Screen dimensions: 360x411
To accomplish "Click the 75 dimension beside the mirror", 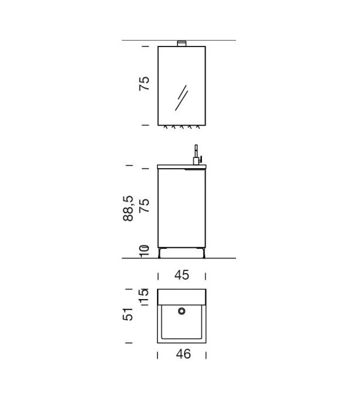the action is pos(144,84).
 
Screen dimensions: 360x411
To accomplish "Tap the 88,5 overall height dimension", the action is pos(128,208).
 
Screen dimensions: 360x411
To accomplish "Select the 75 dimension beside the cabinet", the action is pos(144,205).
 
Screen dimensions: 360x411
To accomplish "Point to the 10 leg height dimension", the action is pos(144,251).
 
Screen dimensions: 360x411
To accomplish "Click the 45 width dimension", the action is pos(182,275).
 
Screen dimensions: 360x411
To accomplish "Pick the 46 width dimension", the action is pos(183,354).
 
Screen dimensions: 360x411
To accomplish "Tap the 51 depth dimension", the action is pos(128,314).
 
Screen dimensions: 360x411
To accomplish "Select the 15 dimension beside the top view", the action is pos(144,296).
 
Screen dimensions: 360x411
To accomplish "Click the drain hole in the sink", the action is pos(181,311).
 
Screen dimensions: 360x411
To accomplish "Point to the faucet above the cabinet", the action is pos(197,155).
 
